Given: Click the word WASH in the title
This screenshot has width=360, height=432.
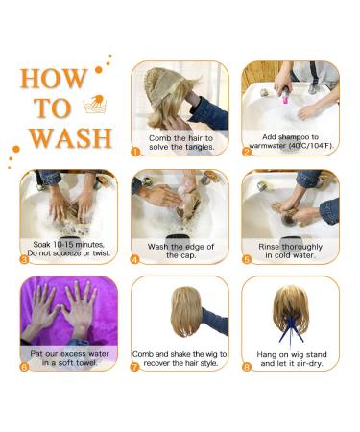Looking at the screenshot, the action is pyautogui.click(x=71, y=138).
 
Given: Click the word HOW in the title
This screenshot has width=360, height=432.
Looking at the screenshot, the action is pyautogui.click(x=54, y=79).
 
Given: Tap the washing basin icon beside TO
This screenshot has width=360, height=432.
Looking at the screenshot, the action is pyautogui.click(x=94, y=104).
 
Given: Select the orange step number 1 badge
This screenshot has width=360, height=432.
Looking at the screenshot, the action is pyautogui.click(x=135, y=152).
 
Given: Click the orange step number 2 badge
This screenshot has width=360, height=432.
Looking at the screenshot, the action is pyautogui.click(x=247, y=152).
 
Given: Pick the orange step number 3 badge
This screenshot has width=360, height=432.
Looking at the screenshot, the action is pyautogui.click(x=24, y=259).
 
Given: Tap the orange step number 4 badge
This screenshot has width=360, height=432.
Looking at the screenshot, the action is pyautogui.click(x=135, y=259).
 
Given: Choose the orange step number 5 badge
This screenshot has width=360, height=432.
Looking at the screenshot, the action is pyautogui.click(x=247, y=259).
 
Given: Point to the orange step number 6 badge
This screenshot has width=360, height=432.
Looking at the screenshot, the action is pyautogui.click(x=24, y=367).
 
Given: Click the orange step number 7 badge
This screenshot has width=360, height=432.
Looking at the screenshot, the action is pyautogui.click(x=135, y=367).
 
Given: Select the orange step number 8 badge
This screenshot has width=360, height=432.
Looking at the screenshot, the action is pyautogui.click(x=247, y=367).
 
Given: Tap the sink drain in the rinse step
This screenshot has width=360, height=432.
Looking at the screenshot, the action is pyautogui.click(x=289, y=220).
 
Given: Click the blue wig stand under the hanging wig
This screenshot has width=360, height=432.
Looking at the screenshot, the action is pyautogui.click(x=291, y=329).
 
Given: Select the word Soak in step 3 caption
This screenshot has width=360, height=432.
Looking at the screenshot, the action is pyautogui.click(x=42, y=245).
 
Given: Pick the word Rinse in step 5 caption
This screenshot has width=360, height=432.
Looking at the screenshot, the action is pyautogui.click(x=269, y=247).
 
